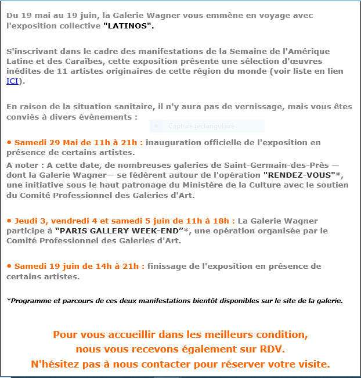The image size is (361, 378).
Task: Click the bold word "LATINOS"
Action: point(129,27)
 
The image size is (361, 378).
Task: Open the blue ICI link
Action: point(12,81)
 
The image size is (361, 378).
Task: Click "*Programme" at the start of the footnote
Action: point(27,301)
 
